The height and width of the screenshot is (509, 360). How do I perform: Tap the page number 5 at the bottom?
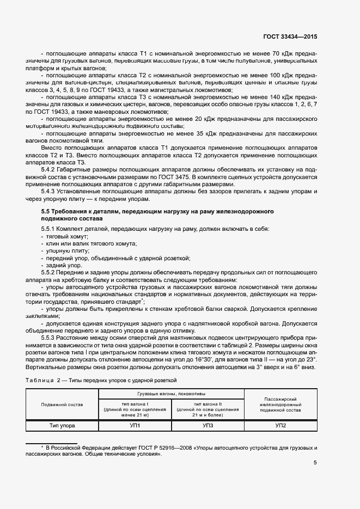tap(315, 463)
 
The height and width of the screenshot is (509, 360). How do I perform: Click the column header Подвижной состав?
tap(62, 404)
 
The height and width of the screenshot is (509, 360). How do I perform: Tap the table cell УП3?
tap(208, 425)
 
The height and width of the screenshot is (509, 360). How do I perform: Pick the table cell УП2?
tap(280, 425)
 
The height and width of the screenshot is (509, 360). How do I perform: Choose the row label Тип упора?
tap(62, 425)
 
